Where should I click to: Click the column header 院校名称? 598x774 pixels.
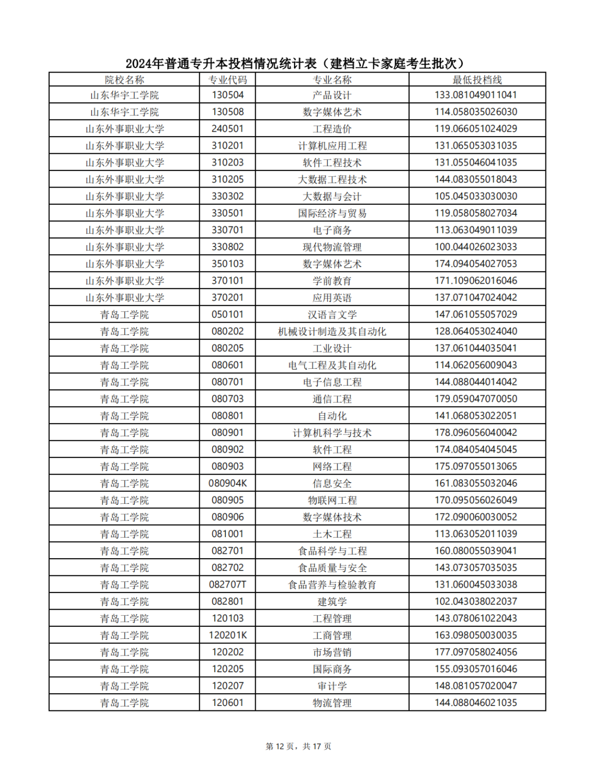[x=124, y=80]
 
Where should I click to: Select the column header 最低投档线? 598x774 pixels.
[x=477, y=80]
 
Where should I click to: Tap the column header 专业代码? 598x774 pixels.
[x=227, y=80]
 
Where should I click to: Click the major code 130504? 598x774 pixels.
[x=227, y=95]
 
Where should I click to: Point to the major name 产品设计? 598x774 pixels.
[x=332, y=95]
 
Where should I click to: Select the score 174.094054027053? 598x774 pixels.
[x=476, y=264]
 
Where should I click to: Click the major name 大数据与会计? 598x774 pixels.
[x=332, y=197]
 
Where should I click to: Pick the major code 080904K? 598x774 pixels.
[x=227, y=483]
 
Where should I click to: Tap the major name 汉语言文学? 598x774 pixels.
[x=332, y=314]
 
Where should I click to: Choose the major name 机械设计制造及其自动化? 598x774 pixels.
[x=332, y=332]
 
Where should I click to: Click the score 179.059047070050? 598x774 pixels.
[x=476, y=399]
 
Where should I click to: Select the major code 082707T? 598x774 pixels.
[x=227, y=585]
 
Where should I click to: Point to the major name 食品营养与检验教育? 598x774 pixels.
[x=332, y=585]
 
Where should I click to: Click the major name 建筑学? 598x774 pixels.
[x=332, y=602]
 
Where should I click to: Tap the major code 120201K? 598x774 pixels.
[x=227, y=636]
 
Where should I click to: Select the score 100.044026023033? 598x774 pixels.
[x=476, y=247]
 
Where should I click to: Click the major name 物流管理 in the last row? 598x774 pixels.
[x=332, y=703]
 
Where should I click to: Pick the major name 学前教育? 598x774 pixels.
[x=332, y=281]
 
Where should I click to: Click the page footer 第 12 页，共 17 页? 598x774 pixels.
[x=298, y=746]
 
